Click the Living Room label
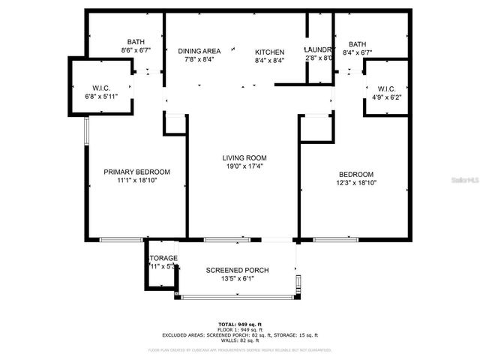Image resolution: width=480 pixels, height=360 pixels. coord(244,158)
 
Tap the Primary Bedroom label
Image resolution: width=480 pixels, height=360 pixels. coord(136,172)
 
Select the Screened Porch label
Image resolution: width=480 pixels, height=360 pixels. coord(237,270)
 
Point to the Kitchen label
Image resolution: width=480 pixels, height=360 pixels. coord(269,51)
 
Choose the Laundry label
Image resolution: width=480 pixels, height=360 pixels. coord(319,49)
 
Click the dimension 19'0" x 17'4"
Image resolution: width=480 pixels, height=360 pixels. coord(244,167)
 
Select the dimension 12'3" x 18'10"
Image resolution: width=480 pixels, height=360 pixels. coord(355,182)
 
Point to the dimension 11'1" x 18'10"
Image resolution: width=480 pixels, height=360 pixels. coord(136,181)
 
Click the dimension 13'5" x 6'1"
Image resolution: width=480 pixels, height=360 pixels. coord(237,279)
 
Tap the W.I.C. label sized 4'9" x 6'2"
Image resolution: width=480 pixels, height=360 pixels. coord(386,88)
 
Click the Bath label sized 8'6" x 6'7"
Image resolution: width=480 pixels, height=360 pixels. coord(136,42)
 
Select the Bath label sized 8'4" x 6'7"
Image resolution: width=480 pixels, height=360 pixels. coord(357,44)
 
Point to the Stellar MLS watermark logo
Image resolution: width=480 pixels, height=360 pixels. coord(463,181)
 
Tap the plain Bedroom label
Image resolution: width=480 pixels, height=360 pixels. coord(355,174)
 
